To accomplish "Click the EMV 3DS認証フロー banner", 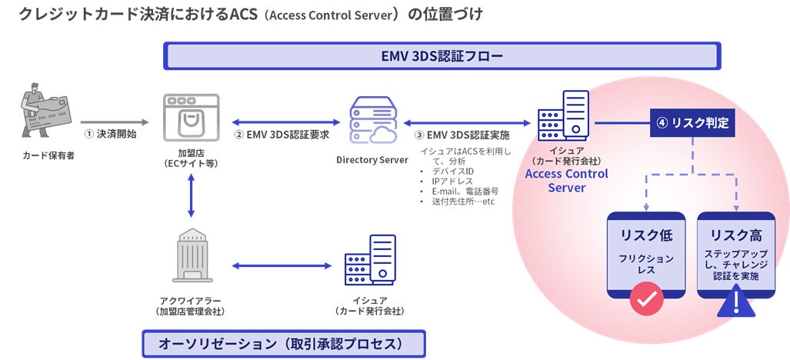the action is pos(442,56).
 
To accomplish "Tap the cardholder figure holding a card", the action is pos(45,110).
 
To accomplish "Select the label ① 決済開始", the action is pos(110,135).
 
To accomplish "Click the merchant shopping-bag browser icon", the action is pos(191,117).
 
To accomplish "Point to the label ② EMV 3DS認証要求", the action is pos(281,135).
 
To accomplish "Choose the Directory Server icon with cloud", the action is pos(372,120).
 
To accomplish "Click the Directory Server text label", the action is pos(372,160).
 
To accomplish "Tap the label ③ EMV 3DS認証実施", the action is pos(462,135).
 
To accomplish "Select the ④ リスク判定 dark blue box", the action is pos(693,123).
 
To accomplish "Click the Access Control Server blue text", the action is pos(567,181).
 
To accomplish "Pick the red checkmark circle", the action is pos(646,299).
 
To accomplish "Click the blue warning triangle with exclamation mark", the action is pos(736,301).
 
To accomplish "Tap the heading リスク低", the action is pos(646,235).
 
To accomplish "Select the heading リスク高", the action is pos(736,235).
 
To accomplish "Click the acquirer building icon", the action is pos(192,255).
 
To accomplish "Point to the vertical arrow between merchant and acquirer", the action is pos(191,195).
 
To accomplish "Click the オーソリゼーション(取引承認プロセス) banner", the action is pos(284,343).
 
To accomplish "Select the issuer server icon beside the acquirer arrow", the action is pos(370,260).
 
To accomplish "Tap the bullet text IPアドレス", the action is pos(452,182).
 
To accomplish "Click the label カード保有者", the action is pos(48,155).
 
